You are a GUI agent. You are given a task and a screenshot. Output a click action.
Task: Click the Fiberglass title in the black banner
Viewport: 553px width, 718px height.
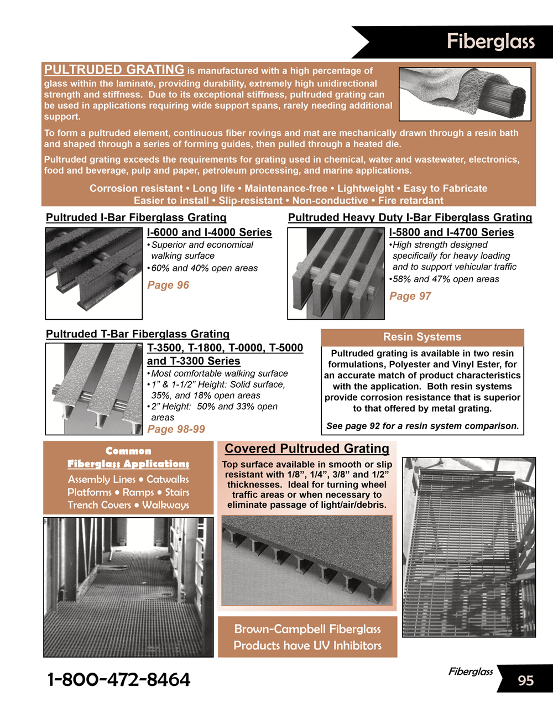(x=491, y=41)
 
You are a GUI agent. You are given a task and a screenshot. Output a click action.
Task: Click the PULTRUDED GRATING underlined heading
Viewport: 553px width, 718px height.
(x=114, y=70)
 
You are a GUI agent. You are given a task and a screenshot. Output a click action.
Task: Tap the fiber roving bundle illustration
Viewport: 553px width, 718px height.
(x=465, y=93)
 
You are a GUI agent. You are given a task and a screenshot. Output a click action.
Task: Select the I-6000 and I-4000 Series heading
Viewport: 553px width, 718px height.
(x=209, y=232)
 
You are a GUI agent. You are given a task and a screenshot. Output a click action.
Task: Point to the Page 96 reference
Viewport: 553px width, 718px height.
(x=168, y=285)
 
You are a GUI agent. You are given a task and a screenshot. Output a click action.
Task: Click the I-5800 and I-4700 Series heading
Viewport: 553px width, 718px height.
(x=451, y=232)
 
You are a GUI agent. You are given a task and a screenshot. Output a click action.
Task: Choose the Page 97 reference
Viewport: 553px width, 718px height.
(x=410, y=296)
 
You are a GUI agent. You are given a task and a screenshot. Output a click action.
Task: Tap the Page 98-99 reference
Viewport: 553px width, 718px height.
(x=176, y=429)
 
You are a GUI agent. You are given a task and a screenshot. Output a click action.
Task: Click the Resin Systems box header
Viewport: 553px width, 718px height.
(x=422, y=337)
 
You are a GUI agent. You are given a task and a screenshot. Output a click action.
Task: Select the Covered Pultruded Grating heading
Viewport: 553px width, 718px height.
(x=307, y=449)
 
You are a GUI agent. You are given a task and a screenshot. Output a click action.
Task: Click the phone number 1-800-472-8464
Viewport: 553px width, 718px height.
(x=119, y=679)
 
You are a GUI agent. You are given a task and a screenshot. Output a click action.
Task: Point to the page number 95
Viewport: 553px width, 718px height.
(x=525, y=680)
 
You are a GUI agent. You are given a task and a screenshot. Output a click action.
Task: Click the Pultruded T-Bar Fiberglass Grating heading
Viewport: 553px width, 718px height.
(x=137, y=334)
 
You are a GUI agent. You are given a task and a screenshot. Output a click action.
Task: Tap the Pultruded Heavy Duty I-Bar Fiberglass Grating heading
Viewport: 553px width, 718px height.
(x=410, y=217)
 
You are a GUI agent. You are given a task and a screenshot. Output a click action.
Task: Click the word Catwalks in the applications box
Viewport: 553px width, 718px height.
(x=168, y=480)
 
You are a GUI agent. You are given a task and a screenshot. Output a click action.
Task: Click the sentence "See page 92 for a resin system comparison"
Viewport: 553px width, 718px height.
(x=422, y=426)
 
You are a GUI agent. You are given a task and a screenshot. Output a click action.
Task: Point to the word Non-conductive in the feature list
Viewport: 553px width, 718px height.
(x=330, y=200)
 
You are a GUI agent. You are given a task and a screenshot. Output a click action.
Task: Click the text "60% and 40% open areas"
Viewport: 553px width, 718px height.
(x=204, y=268)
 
